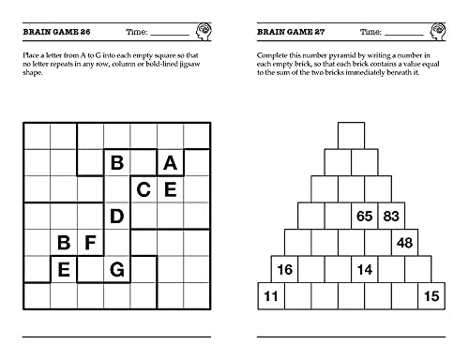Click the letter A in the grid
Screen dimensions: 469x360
point(170,162)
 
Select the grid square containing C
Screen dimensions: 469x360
point(144,189)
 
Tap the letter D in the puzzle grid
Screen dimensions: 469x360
point(117,217)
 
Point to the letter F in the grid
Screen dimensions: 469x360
point(91,244)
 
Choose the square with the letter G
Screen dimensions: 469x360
point(117,270)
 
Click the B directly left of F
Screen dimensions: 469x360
point(64,244)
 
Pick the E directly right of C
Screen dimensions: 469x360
point(170,189)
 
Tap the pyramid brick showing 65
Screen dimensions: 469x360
point(365,216)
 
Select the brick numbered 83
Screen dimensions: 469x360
point(391,216)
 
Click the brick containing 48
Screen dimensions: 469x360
point(404,243)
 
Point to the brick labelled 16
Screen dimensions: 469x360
point(285,270)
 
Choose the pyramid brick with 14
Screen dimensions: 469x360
point(365,270)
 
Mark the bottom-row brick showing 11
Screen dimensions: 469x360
point(272,297)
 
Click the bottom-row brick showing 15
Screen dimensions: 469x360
point(431,297)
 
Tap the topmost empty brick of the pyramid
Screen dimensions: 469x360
point(351,135)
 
